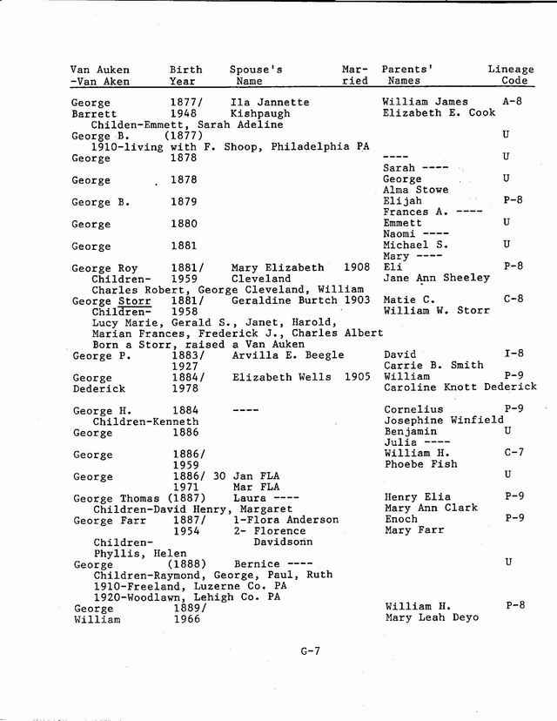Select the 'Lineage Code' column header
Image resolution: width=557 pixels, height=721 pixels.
[x=510, y=75]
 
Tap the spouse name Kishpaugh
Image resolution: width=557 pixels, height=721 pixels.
[x=261, y=114]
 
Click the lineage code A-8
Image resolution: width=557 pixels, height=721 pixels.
[x=512, y=102]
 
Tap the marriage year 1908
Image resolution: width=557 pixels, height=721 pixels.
[x=357, y=267]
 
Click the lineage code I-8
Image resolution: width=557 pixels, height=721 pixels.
[x=513, y=355]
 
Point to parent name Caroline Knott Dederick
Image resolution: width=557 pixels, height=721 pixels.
[x=454, y=388]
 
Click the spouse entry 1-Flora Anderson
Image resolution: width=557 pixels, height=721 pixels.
[x=285, y=520]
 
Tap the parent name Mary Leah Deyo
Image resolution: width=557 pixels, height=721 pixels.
[x=433, y=618]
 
